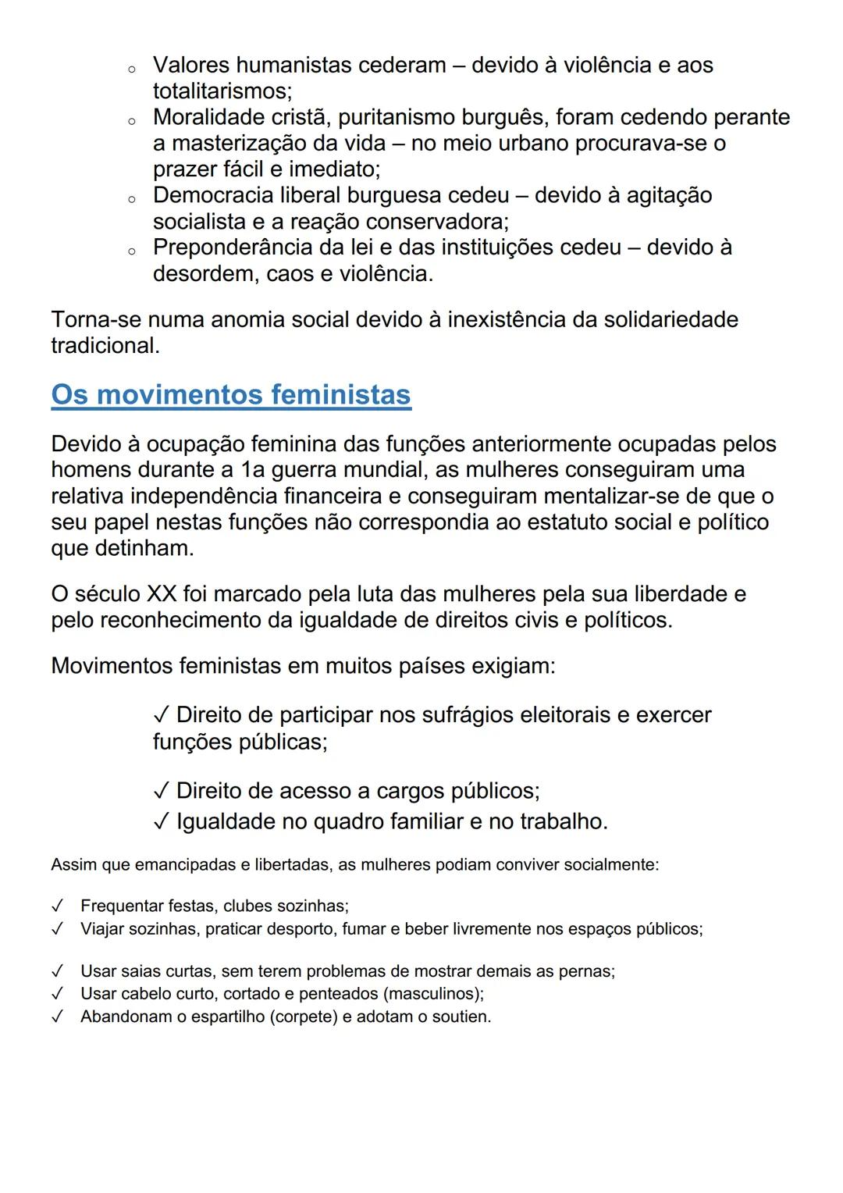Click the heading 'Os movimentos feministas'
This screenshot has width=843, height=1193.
(231, 394)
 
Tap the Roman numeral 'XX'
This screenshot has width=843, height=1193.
(162, 594)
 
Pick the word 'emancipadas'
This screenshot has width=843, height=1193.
(183, 865)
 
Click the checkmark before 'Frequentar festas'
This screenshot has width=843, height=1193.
(57, 906)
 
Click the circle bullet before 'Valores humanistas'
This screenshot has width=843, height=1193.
(132, 69)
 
